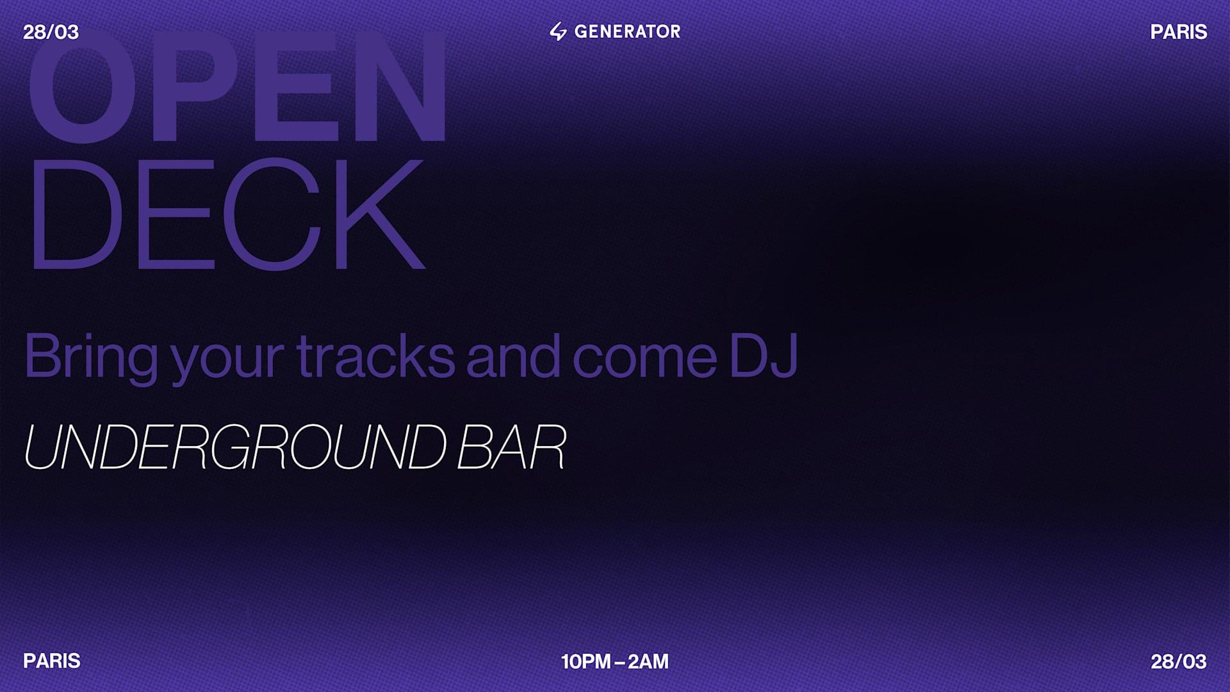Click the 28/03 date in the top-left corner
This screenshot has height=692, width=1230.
click(51, 32)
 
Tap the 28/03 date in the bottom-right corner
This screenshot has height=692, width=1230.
click(1178, 661)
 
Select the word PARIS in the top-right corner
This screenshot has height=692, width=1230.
click(1178, 32)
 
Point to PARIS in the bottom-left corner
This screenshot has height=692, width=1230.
click(52, 661)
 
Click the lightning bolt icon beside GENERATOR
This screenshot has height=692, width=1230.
click(558, 31)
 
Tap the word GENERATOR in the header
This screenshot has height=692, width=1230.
click(627, 31)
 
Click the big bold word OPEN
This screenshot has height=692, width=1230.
click(237, 86)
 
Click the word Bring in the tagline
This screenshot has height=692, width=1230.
click(90, 357)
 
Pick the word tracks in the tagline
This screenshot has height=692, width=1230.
click(375, 357)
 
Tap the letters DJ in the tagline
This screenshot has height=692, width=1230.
click(763, 357)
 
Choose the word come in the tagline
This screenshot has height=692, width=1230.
click(644, 357)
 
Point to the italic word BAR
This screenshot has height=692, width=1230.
click(511, 447)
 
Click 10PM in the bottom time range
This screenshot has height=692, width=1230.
click(586, 661)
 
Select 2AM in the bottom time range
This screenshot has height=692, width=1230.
click(648, 661)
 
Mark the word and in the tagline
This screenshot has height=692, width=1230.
click(513, 357)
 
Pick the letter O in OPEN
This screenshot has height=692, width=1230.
click(82, 86)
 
